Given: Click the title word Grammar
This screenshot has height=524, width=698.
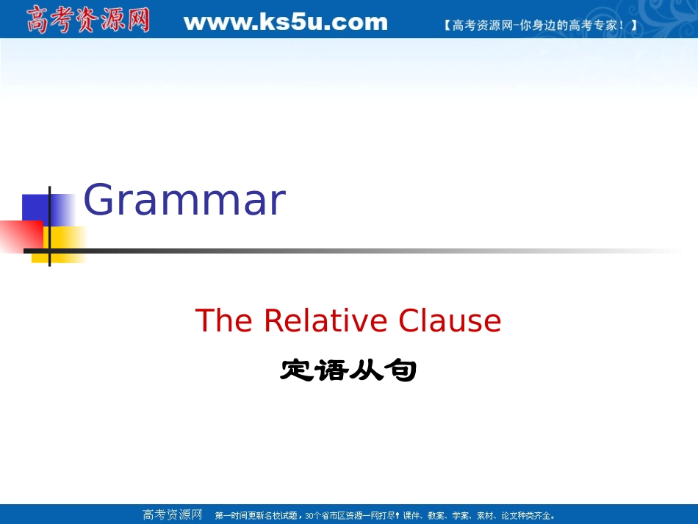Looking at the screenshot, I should pyautogui.click(x=184, y=201).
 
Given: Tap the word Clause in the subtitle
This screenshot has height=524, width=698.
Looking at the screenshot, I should pyautogui.click(x=450, y=321).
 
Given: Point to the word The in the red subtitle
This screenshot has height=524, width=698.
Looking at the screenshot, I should pyautogui.click(x=225, y=321).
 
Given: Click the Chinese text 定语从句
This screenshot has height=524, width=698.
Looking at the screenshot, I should pyautogui.click(x=348, y=370).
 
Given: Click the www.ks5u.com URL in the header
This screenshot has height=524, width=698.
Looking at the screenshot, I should pyautogui.click(x=285, y=22).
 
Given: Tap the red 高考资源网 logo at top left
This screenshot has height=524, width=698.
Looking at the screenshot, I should pyautogui.click(x=88, y=20).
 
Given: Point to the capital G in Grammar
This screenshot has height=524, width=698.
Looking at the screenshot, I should pyautogui.click(x=101, y=201).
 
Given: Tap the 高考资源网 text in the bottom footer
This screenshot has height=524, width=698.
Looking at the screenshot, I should pyautogui.click(x=172, y=514).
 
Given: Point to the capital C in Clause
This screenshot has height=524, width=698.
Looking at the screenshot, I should pyautogui.click(x=410, y=321).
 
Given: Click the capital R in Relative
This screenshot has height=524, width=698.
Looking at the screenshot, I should pyautogui.click(x=273, y=321).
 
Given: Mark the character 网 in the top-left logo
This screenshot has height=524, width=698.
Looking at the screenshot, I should pyautogui.click(x=137, y=20).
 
